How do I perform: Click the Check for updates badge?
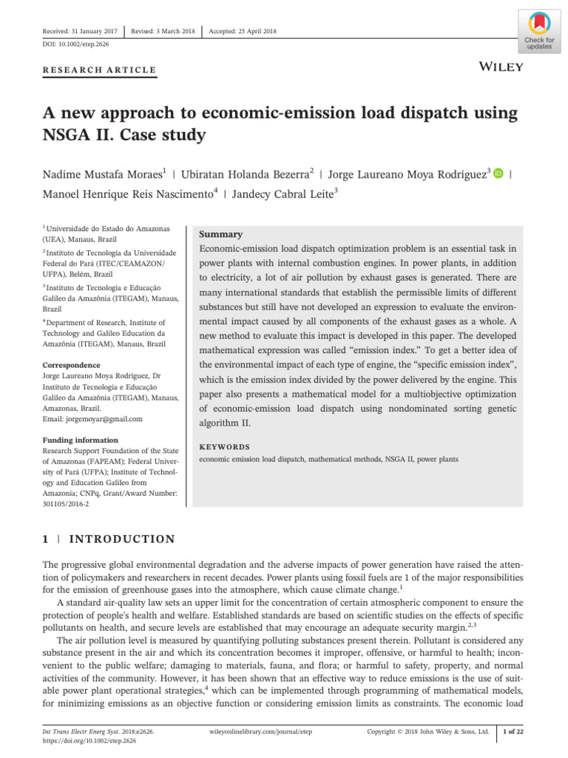538,32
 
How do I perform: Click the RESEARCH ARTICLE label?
100,70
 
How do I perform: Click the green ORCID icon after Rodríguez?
498,173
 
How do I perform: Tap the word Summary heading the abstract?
221,234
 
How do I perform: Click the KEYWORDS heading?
225,447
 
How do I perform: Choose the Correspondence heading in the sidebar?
71,365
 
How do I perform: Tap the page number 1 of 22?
513,731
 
